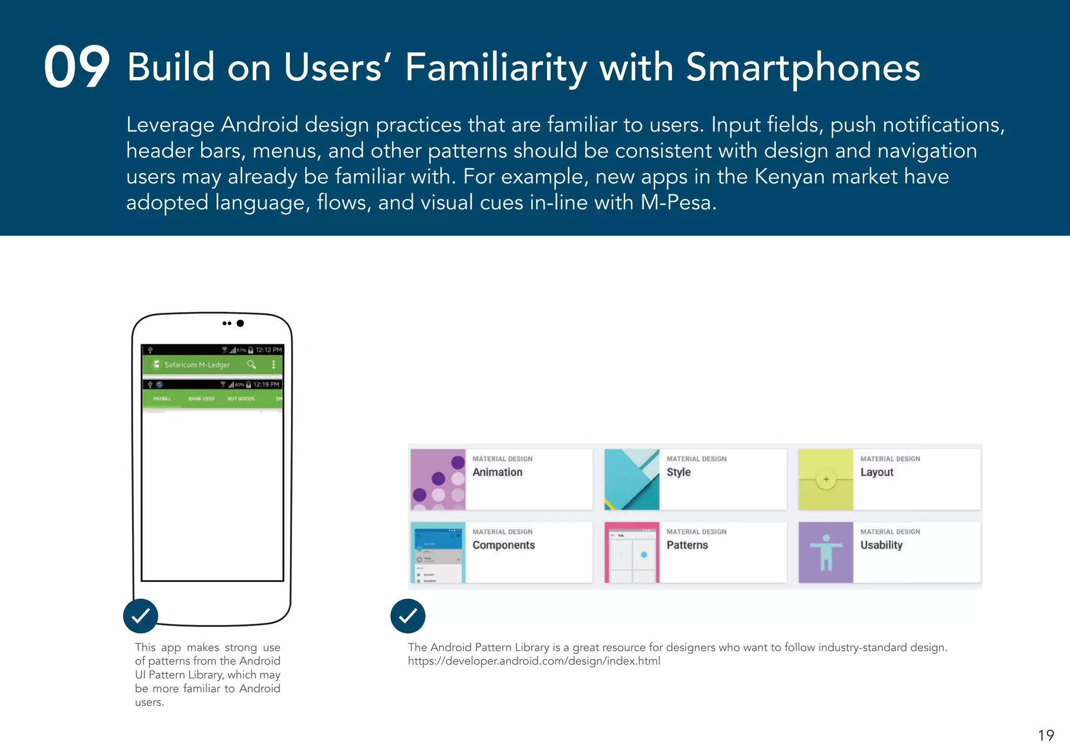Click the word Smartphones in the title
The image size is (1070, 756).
point(802,68)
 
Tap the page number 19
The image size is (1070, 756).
point(1045,736)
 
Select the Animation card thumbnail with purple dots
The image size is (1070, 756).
point(438,479)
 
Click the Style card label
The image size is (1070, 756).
point(678,472)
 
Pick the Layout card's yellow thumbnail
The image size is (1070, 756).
point(825,479)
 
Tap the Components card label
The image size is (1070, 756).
point(504,545)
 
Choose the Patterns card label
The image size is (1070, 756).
point(687,545)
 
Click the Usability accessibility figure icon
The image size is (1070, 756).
point(825,552)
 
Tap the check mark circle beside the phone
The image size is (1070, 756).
point(141,616)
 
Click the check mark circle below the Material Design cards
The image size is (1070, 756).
point(408,616)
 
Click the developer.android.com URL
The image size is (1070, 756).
point(534,661)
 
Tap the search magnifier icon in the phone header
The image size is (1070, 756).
point(251,364)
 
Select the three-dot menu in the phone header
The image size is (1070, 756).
point(273,364)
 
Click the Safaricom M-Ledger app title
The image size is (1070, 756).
point(197,365)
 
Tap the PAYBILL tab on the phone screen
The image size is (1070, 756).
point(162,399)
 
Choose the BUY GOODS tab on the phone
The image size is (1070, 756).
point(241,399)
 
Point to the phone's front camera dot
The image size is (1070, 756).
point(240,323)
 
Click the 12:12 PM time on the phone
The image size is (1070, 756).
point(269,350)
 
